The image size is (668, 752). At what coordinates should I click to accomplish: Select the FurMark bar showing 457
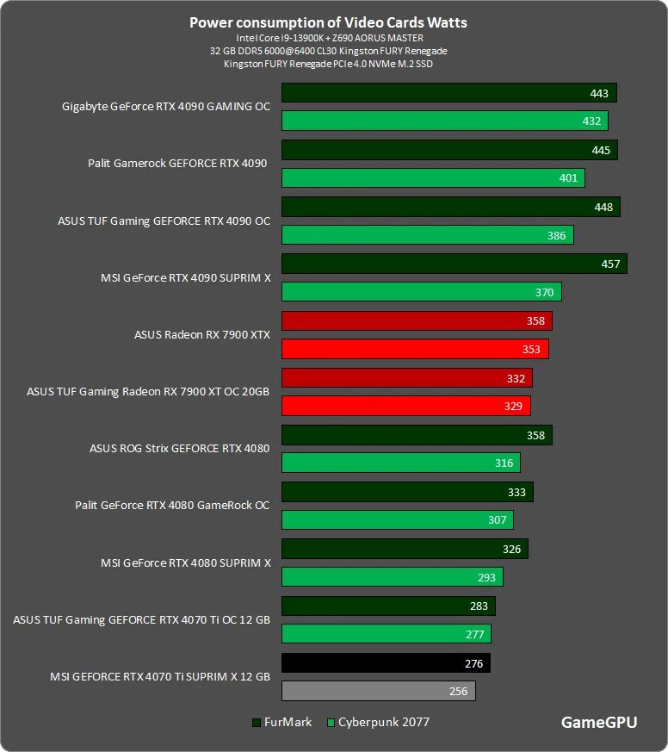454,264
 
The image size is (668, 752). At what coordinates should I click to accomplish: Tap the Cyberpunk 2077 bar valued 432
444,121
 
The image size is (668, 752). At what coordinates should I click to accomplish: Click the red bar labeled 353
415,349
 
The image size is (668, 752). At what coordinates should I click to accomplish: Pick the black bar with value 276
386,662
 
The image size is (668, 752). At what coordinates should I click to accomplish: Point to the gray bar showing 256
378,691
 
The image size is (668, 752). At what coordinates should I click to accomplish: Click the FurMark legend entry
282,722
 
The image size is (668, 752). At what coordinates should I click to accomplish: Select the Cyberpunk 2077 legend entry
378,722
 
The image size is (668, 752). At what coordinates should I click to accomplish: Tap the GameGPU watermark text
599,723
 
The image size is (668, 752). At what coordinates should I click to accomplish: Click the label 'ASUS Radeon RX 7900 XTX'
202,334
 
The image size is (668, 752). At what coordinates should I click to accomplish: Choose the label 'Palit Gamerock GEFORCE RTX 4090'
177,163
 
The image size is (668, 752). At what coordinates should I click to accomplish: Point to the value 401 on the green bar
567,178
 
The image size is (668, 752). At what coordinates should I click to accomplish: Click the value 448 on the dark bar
603,207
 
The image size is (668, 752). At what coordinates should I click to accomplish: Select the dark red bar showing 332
406,377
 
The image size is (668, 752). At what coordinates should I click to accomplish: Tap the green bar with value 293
392,577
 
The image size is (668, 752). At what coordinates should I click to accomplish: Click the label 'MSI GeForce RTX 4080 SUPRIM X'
185,562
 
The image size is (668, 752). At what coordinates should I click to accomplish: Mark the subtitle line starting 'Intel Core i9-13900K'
329,38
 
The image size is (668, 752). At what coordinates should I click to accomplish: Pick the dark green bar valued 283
388,606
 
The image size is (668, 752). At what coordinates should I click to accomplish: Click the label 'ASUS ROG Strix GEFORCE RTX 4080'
179,448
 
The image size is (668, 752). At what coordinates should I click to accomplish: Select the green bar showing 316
400,463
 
